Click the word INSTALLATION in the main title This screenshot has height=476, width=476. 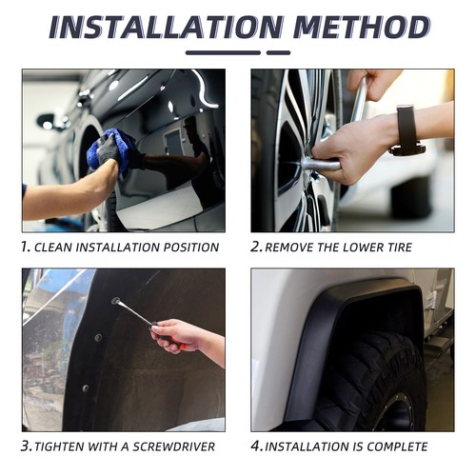(166, 27)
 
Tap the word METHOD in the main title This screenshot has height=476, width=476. (362, 27)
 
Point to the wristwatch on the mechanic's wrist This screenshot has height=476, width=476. (407, 130)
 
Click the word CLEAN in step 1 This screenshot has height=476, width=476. (52, 248)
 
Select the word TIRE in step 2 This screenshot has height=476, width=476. (400, 248)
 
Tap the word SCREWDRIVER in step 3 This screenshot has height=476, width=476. (173, 446)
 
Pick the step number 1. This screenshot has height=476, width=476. (26, 247)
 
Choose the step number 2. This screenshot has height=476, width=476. (256, 247)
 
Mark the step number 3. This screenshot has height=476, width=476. (26, 446)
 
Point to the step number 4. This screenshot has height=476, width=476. (256, 446)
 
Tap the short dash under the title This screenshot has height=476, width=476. (278, 52)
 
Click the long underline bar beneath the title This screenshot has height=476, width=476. (223, 52)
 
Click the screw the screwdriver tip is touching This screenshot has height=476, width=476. (115, 300)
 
